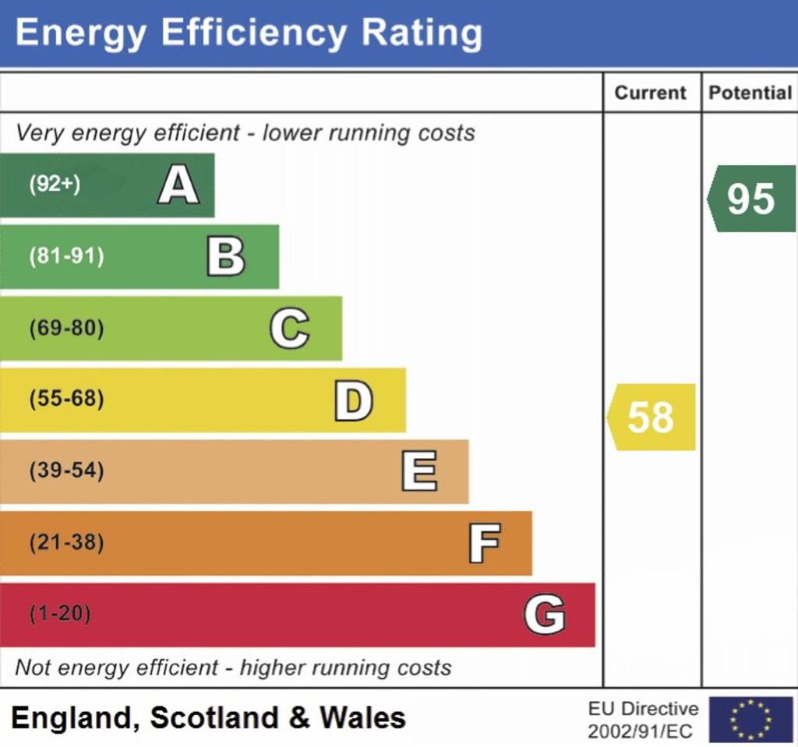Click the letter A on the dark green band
point(178,186)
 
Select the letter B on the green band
point(226,257)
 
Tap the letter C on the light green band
point(289,329)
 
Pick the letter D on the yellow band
point(353,401)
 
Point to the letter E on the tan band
point(419,472)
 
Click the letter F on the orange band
point(484,544)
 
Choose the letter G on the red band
point(544,615)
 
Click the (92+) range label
point(55,185)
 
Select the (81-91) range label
point(66,256)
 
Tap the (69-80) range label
point(66,328)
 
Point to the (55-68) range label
point(66,400)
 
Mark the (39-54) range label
point(66,471)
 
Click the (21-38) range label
point(66,543)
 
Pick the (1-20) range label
point(60,614)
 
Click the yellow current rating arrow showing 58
point(651,418)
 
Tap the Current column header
point(651,93)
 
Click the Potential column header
point(750,93)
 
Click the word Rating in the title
point(422,33)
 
